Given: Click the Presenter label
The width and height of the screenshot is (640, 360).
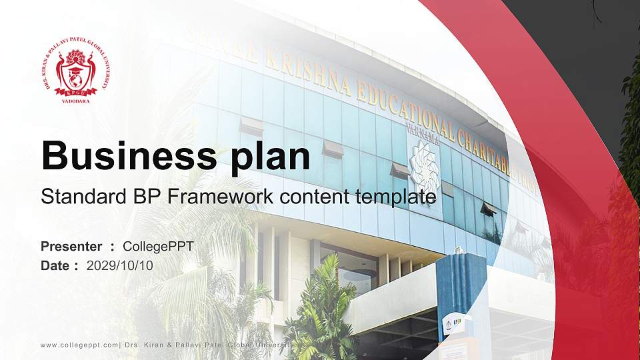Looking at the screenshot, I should (x=71, y=247).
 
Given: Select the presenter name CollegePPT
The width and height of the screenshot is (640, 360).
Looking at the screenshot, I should (x=158, y=247).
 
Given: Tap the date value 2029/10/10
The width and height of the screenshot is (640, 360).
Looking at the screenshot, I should (x=120, y=265).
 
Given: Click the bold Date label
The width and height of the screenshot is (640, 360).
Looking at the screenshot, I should (x=55, y=265).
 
